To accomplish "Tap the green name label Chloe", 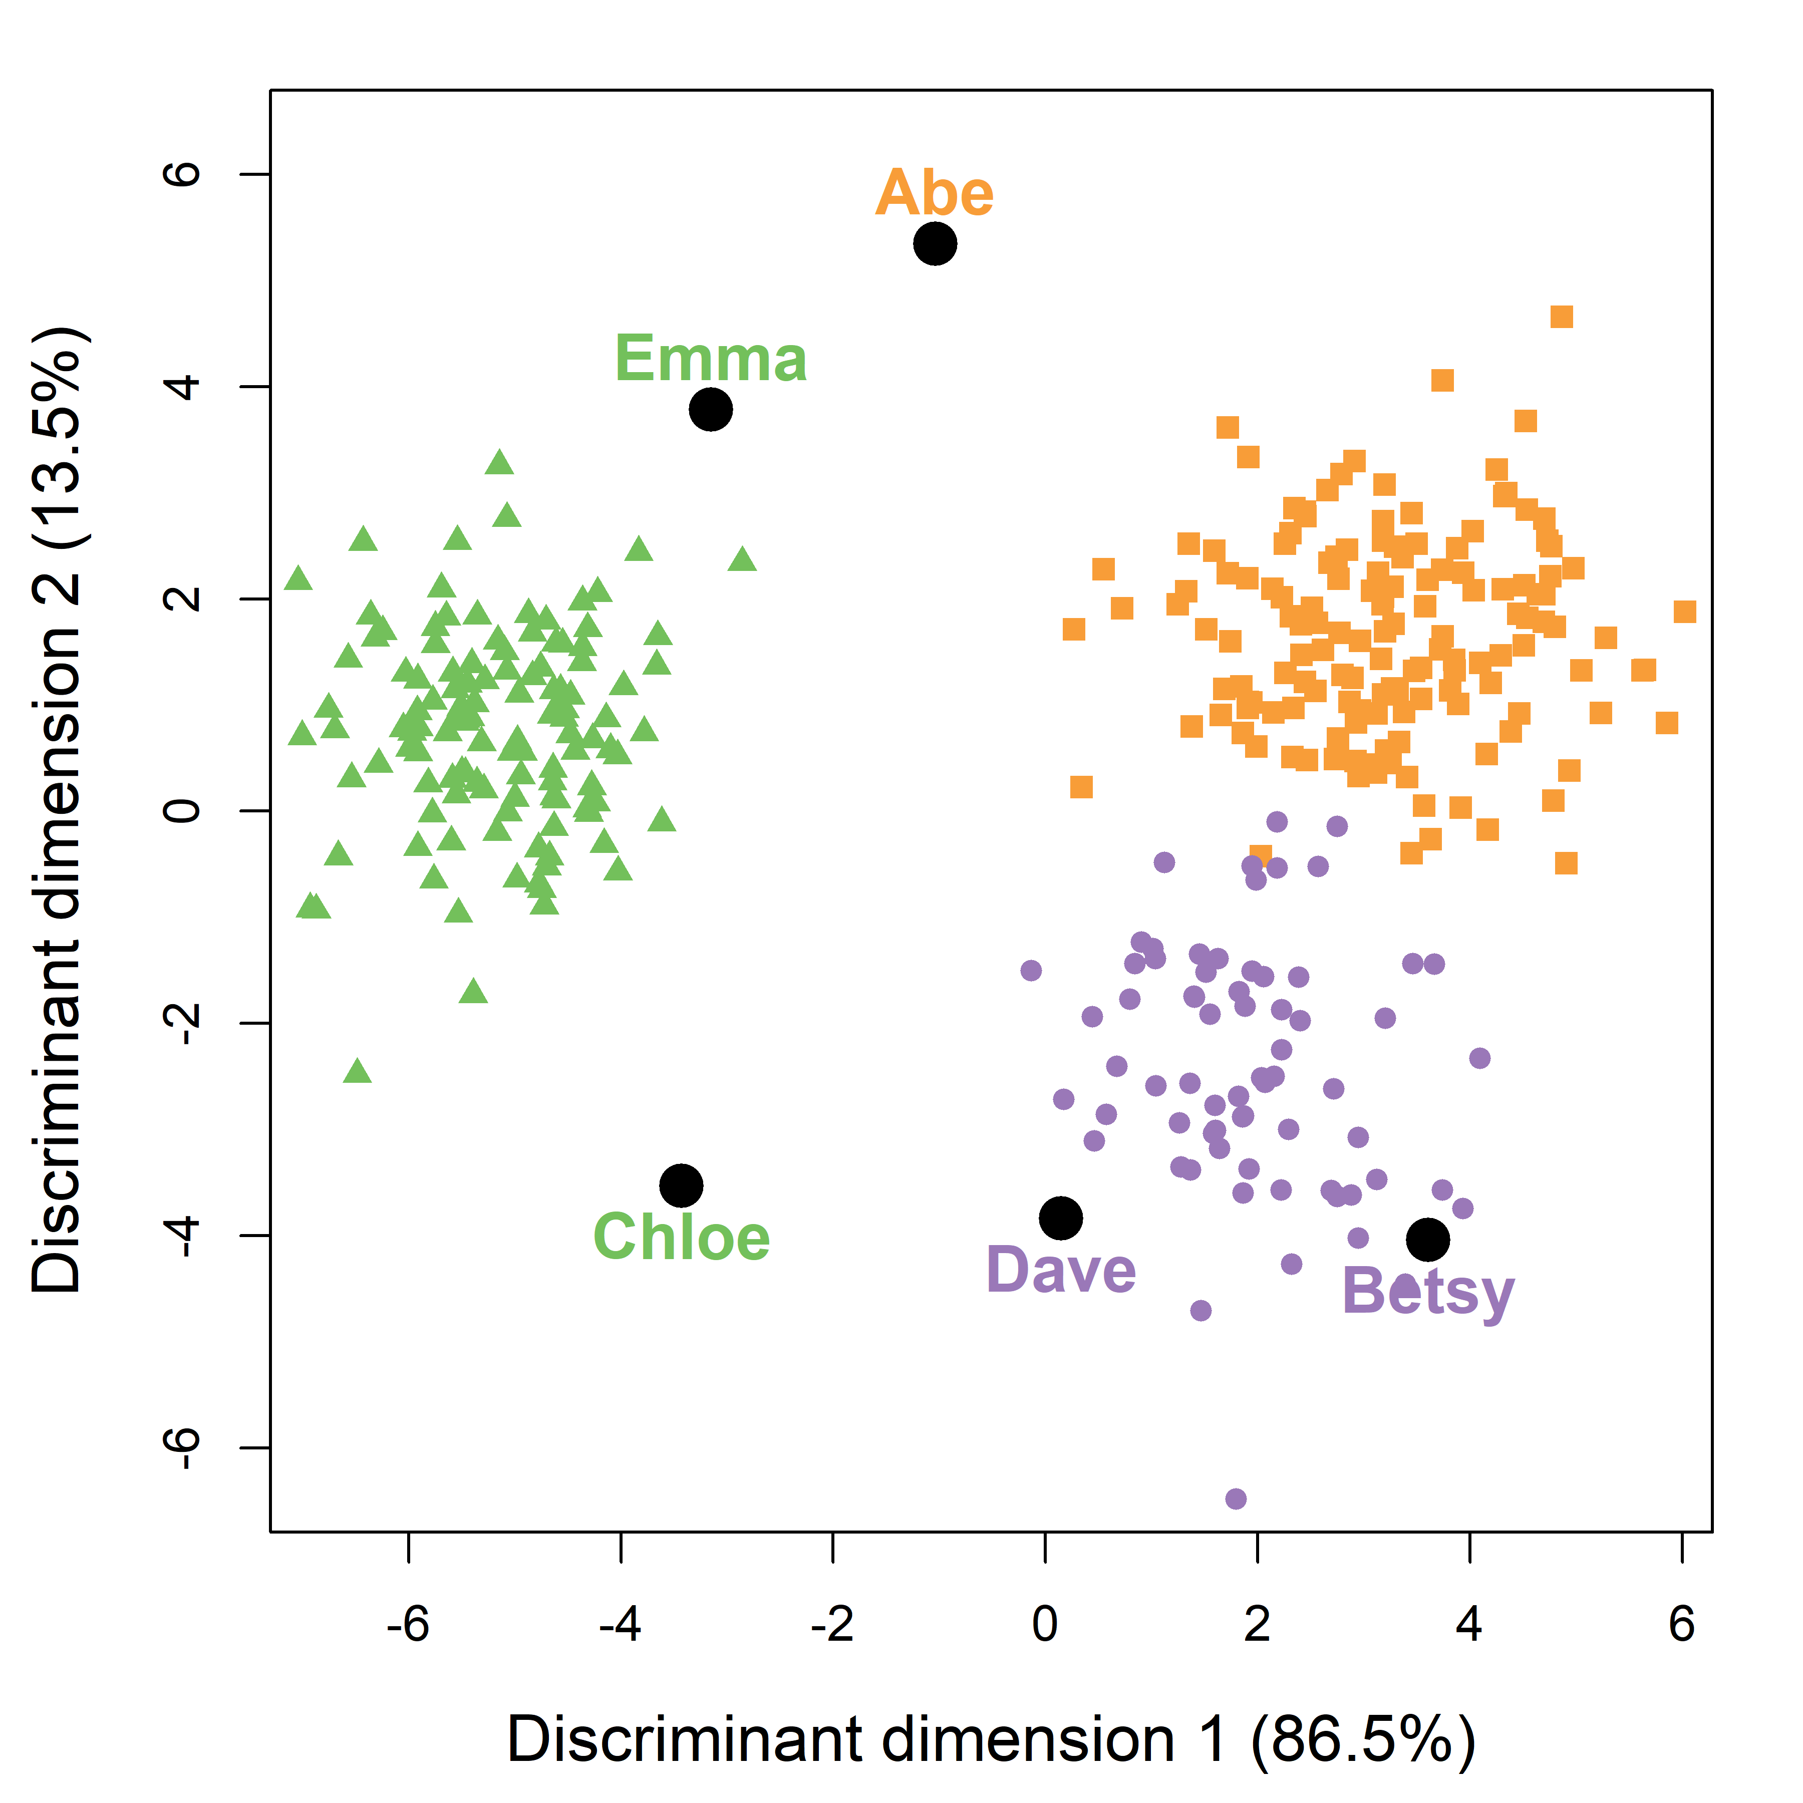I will point(681,1238).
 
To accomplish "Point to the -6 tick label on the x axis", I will point(408,1625).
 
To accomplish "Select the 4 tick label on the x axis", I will point(1469,1625).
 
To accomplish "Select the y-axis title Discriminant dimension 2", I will point(58,810).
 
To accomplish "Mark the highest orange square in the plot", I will point(1561,318).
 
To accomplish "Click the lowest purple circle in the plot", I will point(1236,1499).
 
